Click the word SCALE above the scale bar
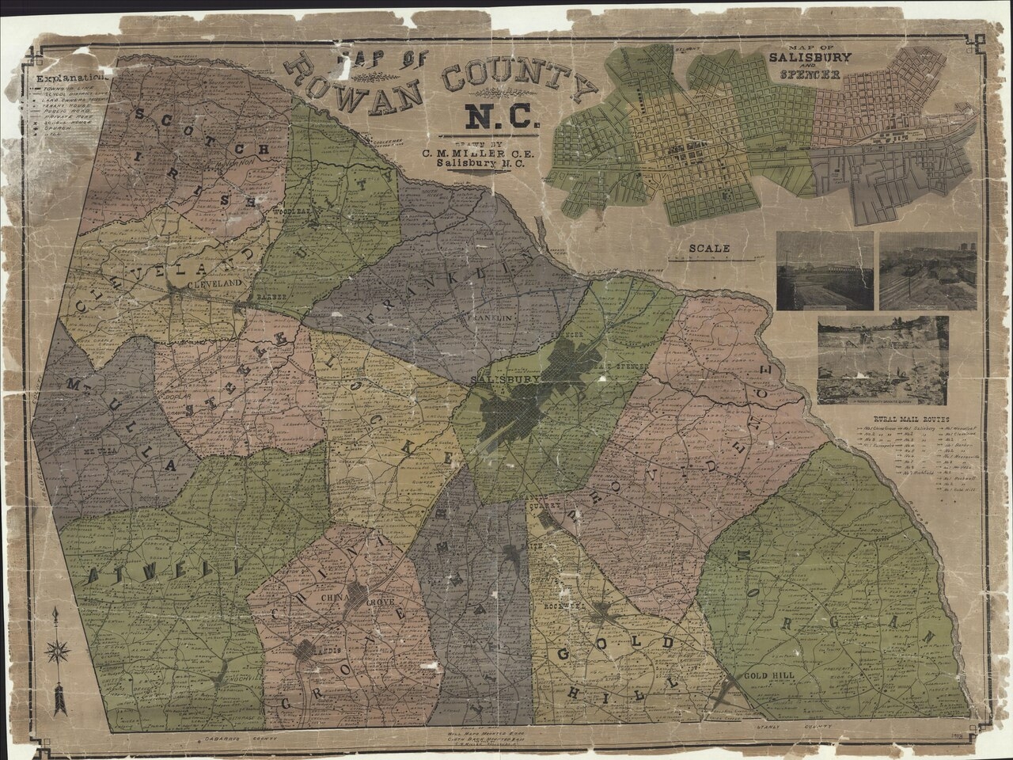pos(708,247)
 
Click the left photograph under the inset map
pos(825,271)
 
